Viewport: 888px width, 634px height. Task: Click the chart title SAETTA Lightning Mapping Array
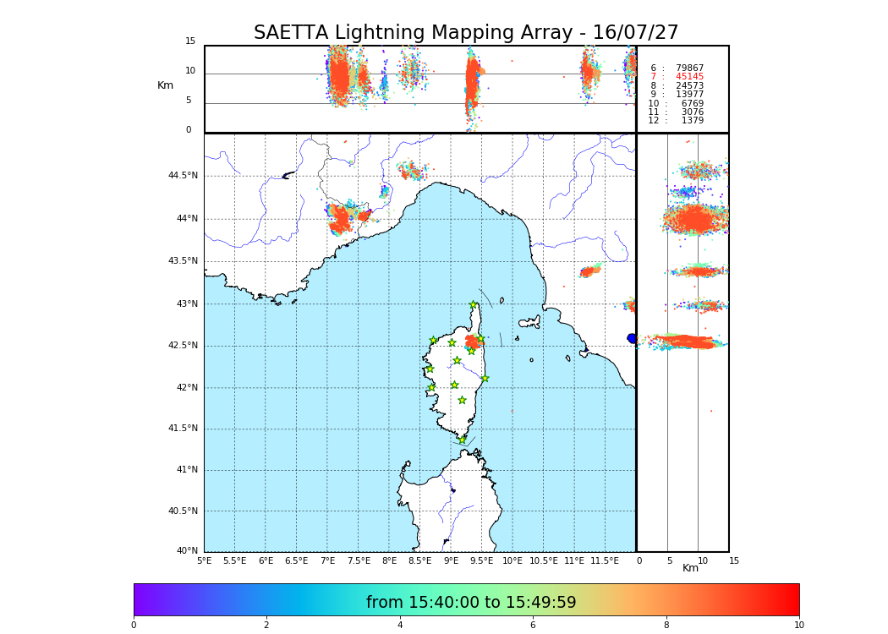(x=466, y=33)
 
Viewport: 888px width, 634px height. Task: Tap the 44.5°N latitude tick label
(x=183, y=176)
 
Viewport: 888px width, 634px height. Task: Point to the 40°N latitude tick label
(x=186, y=551)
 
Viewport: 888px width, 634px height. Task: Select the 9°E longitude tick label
(x=451, y=560)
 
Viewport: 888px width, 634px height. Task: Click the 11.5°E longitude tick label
(x=604, y=560)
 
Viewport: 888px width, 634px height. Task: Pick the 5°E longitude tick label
(x=204, y=560)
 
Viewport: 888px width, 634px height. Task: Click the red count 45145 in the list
(x=689, y=77)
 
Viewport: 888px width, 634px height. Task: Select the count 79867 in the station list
(x=689, y=68)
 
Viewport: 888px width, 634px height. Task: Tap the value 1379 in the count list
(x=692, y=121)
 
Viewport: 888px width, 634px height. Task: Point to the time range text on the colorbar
(x=471, y=603)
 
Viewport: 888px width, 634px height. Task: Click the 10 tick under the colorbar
(x=798, y=626)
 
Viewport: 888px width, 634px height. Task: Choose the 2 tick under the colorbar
(x=266, y=626)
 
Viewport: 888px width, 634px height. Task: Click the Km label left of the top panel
(x=165, y=85)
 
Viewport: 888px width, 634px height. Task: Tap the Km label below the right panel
(x=690, y=568)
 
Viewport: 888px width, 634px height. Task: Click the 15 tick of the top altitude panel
(x=190, y=41)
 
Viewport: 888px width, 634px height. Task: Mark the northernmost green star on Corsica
(x=474, y=305)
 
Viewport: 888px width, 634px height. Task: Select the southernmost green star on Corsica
(x=462, y=440)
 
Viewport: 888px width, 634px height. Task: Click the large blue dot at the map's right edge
(x=632, y=338)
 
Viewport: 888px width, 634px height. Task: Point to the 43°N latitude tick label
(x=186, y=303)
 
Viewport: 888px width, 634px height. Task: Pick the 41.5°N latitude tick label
(x=183, y=429)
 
